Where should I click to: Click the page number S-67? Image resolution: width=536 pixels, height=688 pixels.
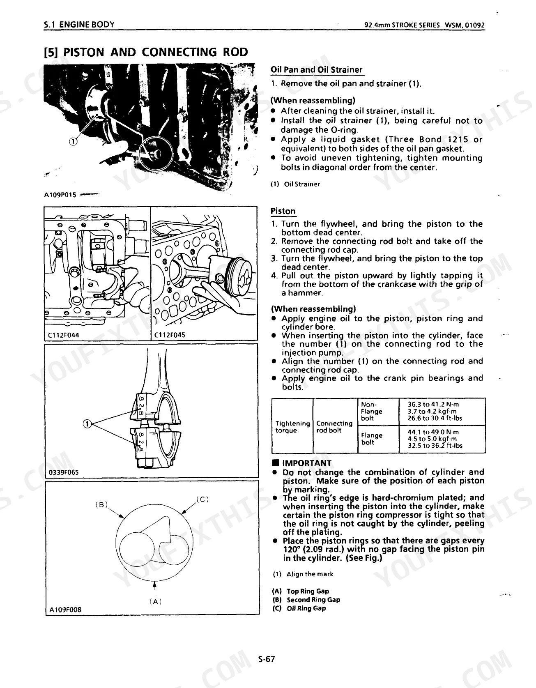click(x=266, y=659)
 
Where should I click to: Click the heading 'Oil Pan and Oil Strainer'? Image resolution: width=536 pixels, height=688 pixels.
click(x=316, y=69)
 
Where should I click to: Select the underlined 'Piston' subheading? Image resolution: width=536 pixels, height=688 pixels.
click(x=283, y=211)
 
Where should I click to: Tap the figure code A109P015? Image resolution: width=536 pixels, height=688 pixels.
click(x=60, y=195)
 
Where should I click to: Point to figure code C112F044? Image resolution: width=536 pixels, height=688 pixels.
click(x=64, y=335)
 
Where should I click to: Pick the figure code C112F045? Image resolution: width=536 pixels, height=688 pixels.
click(x=170, y=335)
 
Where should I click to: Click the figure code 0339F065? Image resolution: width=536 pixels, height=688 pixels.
click(x=64, y=472)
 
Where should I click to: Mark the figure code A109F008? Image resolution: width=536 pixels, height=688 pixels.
click(x=65, y=610)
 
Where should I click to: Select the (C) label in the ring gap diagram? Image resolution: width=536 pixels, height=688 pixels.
click(x=203, y=499)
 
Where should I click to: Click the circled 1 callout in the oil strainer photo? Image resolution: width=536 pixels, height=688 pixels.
click(x=73, y=142)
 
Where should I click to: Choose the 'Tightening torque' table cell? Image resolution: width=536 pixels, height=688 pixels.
click(x=292, y=426)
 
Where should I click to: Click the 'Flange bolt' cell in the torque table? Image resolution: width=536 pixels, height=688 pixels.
click(x=371, y=439)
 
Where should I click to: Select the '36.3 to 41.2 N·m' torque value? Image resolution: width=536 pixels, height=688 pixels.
click(x=433, y=404)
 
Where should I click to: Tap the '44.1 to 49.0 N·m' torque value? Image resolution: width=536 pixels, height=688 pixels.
click(x=433, y=432)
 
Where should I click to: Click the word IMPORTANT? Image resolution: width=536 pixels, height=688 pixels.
click(x=306, y=463)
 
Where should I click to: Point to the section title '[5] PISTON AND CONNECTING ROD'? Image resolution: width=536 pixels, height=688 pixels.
click(x=146, y=52)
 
